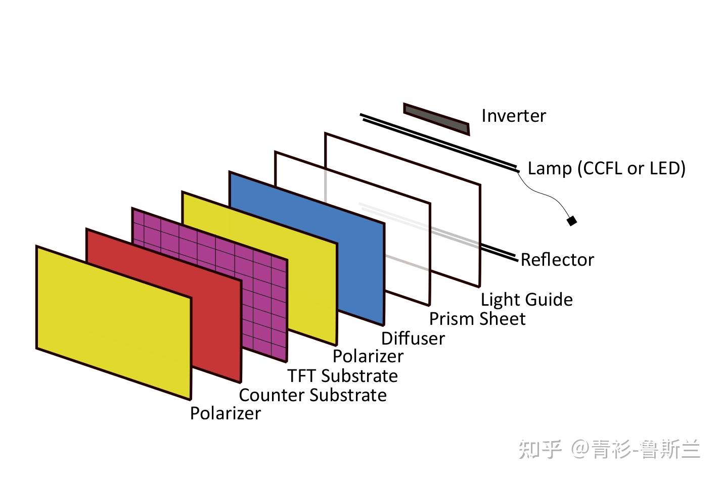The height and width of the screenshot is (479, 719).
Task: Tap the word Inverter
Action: [513, 116]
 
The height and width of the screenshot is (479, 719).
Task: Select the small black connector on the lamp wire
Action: [571, 221]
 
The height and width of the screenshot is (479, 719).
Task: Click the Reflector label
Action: [557, 260]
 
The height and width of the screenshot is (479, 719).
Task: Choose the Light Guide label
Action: [526, 300]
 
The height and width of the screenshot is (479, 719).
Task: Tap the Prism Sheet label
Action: [477, 319]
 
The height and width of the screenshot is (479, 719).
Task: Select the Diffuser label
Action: [413, 338]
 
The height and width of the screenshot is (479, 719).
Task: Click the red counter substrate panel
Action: [215, 323]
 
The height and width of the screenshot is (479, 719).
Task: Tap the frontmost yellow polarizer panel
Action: [114, 323]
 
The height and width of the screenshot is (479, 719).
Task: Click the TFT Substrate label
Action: [342, 376]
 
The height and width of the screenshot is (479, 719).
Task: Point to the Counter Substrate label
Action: [312, 395]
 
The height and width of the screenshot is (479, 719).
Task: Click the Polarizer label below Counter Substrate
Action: [225, 413]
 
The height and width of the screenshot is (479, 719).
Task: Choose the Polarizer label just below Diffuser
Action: [368, 356]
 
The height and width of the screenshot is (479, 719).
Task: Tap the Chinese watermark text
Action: [609, 449]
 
